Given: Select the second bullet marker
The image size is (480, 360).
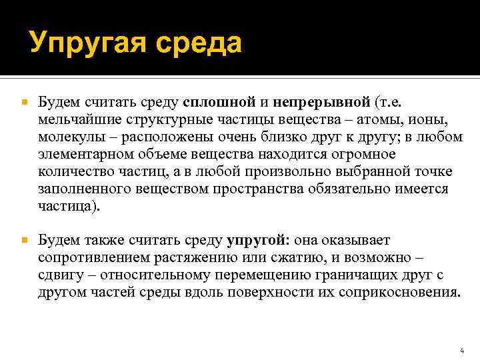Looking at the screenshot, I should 24,239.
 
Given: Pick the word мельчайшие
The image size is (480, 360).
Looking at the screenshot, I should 74,120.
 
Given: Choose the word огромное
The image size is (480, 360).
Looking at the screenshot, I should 359,155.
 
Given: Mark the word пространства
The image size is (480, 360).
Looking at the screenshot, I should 259,189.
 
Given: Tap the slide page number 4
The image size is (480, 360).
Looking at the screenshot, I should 462,349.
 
